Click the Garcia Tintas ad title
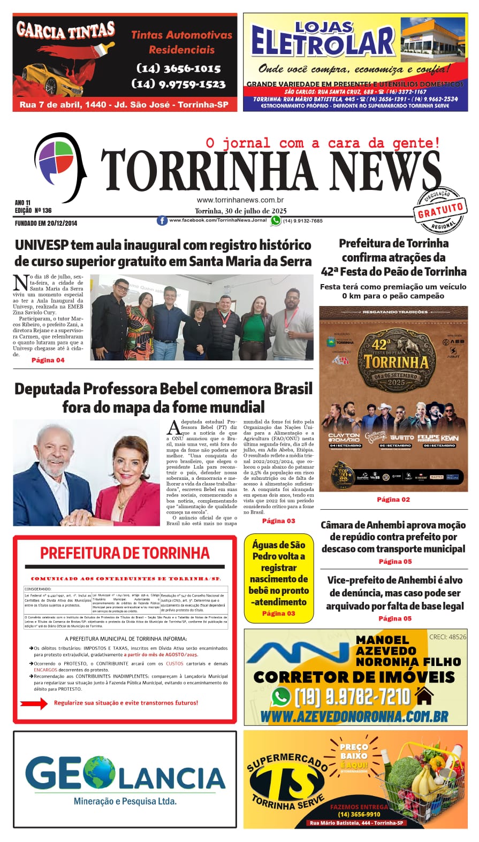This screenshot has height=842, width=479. (65, 31)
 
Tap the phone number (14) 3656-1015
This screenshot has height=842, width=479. (179, 68)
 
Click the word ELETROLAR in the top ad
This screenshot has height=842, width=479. (323, 43)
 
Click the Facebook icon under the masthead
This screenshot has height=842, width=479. (162, 220)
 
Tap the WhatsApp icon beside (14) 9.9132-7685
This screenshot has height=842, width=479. (276, 220)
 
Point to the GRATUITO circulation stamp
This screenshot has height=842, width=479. (440, 210)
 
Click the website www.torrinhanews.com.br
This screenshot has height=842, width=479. (240, 200)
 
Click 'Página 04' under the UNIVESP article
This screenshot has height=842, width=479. (48, 360)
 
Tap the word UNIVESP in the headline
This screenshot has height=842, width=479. (41, 245)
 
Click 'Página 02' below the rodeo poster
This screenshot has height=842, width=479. (393, 499)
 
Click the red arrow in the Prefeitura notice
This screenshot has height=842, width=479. (34, 703)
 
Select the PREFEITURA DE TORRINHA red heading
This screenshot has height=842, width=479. (125, 553)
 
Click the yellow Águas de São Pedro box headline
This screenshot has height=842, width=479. (278, 573)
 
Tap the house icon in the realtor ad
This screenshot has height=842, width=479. (424, 696)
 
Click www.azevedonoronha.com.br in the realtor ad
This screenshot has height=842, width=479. (354, 716)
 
